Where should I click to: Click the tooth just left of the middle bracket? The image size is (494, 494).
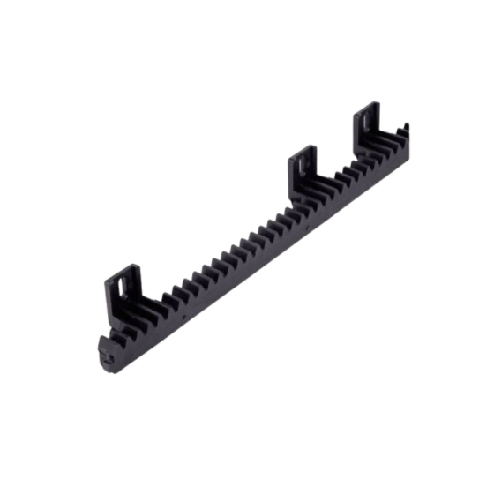tap(285, 209)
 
